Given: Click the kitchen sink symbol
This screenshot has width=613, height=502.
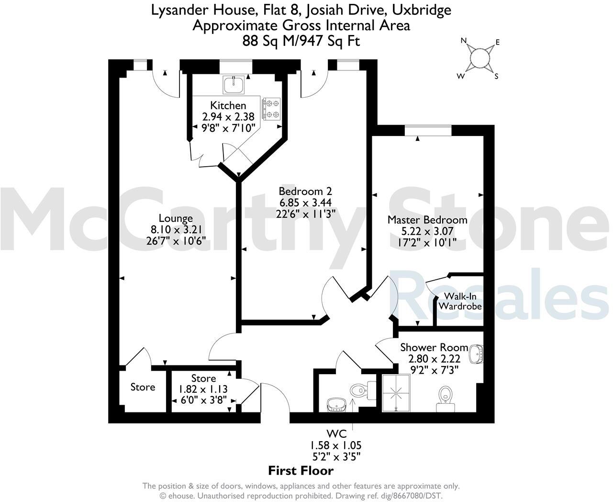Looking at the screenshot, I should point(234,84).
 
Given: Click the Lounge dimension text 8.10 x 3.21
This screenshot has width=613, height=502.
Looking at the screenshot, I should point(176,229).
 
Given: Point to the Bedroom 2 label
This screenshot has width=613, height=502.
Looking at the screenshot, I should point(306,191).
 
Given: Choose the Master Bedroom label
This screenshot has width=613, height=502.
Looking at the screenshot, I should point(427,220).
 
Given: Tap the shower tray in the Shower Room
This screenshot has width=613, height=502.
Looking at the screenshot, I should point(396,393).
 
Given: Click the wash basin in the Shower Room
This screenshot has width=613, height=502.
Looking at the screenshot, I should point(476,354).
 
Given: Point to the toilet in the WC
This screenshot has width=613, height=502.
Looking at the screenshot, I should point(358,389).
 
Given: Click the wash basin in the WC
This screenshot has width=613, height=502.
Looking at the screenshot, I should point(336,405).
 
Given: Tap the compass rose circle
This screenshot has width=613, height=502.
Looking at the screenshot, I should point(479,58).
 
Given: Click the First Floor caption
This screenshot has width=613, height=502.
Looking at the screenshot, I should point(301,470).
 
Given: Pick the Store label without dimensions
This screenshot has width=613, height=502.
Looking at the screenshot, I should point(143,387).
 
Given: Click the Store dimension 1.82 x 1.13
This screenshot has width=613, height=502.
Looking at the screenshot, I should point(203,389).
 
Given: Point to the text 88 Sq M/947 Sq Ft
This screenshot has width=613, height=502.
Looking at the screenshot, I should point(301,41).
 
